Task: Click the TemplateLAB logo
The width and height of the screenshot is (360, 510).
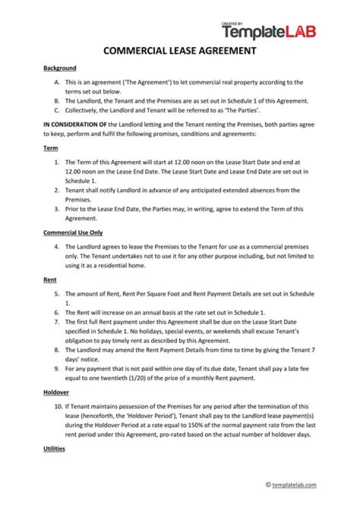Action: [x=268, y=31]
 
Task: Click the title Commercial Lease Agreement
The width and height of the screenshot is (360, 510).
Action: [x=180, y=51]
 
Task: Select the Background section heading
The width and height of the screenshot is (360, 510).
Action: [x=59, y=68]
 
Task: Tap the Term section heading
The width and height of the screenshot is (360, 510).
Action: [x=50, y=149]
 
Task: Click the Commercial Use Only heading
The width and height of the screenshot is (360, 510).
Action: [x=73, y=233]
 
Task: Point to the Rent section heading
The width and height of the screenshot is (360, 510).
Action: [x=50, y=280]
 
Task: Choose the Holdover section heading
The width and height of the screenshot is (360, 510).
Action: [x=56, y=392]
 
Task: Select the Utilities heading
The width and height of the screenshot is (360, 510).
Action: [x=54, y=449]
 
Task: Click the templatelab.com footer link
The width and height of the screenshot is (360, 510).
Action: [x=294, y=485]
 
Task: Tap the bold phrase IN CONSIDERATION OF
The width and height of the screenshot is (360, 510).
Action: [x=75, y=125]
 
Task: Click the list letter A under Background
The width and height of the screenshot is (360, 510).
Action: [x=57, y=82]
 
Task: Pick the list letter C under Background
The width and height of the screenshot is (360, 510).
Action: [x=57, y=110]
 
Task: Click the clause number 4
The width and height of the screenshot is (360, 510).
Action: [x=57, y=247]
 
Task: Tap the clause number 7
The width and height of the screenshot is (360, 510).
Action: [x=57, y=322]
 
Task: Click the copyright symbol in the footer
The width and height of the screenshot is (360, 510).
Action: [x=268, y=485]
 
